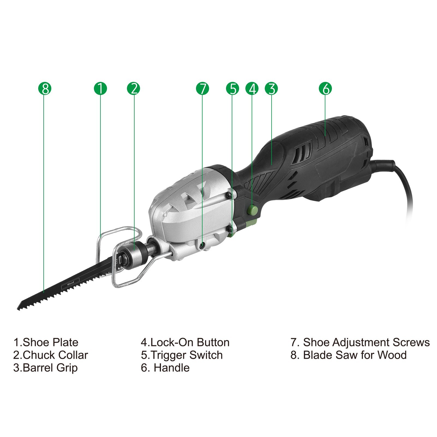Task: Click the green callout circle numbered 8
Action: pyautogui.click(x=45, y=89)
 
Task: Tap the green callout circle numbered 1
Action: pyautogui.click(x=100, y=89)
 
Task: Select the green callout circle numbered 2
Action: pyautogui.click(x=133, y=89)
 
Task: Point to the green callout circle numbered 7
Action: pyautogui.click(x=203, y=89)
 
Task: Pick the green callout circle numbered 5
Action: pyautogui.click(x=233, y=89)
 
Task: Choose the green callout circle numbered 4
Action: pyautogui.click(x=252, y=89)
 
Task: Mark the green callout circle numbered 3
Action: pyautogui.click(x=271, y=89)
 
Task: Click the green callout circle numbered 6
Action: pyautogui.click(x=326, y=89)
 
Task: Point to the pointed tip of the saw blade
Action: pyautogui.click(x=19, y=308)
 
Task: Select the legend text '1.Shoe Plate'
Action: pyautogui.click(x=46, y=342)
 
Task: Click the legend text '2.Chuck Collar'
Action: pyautogui.click(x=50, y=355)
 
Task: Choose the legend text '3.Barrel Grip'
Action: pyautogui.click(x=45, y=368)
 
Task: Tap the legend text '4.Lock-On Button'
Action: pyautogui.click(x=185, y=342)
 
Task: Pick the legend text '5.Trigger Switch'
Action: pyautogui.click(x=182, y=355)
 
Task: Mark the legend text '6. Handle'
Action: pyautogui.click(x=165, y=368)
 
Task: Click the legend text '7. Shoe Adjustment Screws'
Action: pyautogui.click(x=360, y=342)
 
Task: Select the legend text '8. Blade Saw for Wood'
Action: pyautogui.click(x=349, y=355)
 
